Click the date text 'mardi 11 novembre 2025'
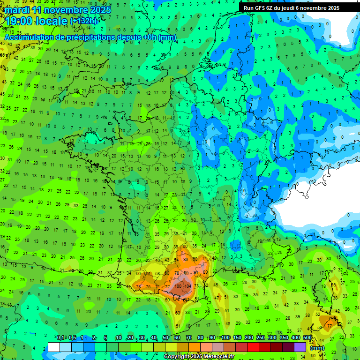point(58,10)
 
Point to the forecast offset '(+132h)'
point(84,21)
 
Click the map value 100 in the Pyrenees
point(179,286)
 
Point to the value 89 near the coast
point(205,272)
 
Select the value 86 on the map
point(186,259)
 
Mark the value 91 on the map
point(195,272)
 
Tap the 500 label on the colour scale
point(307,338)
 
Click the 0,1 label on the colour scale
point(60,338)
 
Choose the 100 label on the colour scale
point(225,338)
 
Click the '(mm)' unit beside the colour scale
point(317,347)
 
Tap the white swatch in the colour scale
point(54,347)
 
